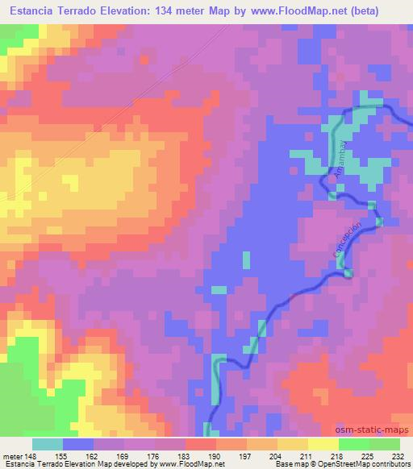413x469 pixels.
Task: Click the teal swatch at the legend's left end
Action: click(47, 444)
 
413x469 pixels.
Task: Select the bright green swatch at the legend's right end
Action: click(384, 444)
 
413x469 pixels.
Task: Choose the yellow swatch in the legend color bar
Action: click(293, 444)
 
